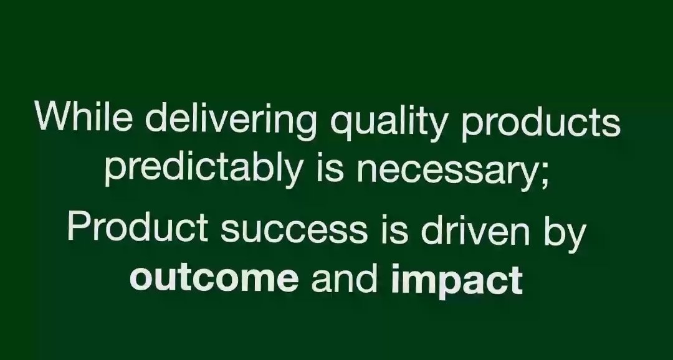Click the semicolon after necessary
[x=544, y=171]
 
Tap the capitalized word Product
[x=137, y=227]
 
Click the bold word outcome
[x=214, y=278]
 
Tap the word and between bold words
[x=345, y=278]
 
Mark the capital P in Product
[x=79, y=227]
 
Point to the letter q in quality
[x=341, y=123]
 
